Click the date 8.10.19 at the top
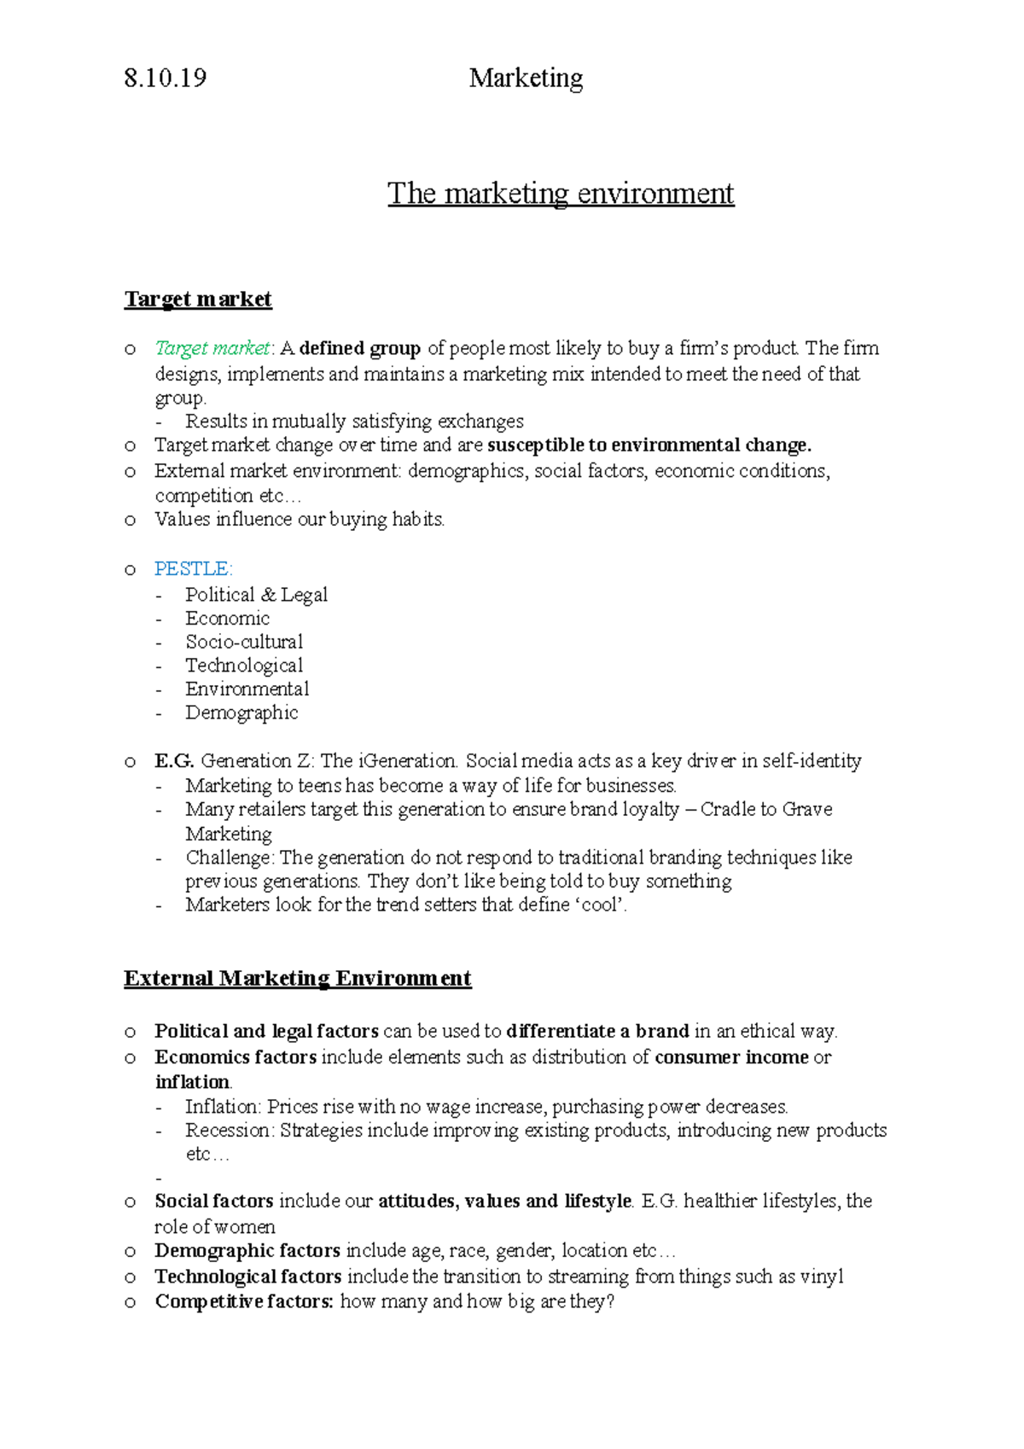tap(165, 79)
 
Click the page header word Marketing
tap(526, 79)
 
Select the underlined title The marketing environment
tap(561, 194)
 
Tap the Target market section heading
tap(198, 300)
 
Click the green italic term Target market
tap(212, 348)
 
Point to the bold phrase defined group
tap(360, 348)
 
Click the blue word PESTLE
tap(192, 569)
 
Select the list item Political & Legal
tap(256, 595)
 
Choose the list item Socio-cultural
tap(244, 642)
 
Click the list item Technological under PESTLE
tap(244, 666)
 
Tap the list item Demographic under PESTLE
tap(241, 713)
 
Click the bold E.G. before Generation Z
tap(174, 761)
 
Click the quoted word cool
tap(599, 905)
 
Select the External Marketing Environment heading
tap(297, 979)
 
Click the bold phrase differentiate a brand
tap(597, 1032)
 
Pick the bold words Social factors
tap(213, 1202)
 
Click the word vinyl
tap(822, 1277)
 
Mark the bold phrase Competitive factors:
tap(244, 1302)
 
